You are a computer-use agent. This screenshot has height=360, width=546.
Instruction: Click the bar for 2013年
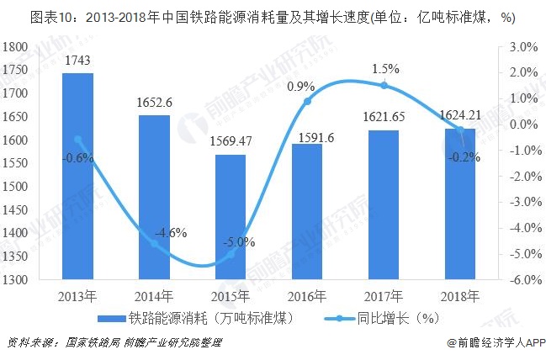(x=77, y=177)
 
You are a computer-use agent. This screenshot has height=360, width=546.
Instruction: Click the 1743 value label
(x=77, y=60)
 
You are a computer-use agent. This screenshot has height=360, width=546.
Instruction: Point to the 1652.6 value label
(x=154, y=102)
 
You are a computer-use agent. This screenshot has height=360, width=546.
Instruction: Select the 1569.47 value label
(x=231, y=141)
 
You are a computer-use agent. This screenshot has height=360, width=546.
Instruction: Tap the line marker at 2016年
(x=307, y=101)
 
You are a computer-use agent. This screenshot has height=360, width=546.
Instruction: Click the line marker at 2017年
(x=384, y=85)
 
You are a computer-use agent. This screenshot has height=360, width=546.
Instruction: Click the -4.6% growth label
(x=169, y=233)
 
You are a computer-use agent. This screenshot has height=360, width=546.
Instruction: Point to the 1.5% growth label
(x=384, y=68)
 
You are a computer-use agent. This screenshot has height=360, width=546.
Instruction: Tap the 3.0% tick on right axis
(x=522, y=48)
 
